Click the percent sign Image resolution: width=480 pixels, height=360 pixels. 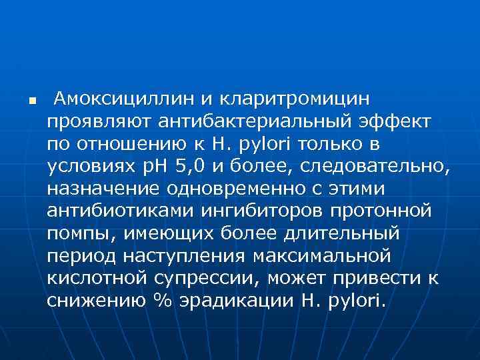(163, 301)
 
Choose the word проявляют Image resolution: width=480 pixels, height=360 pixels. (99, 122)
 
